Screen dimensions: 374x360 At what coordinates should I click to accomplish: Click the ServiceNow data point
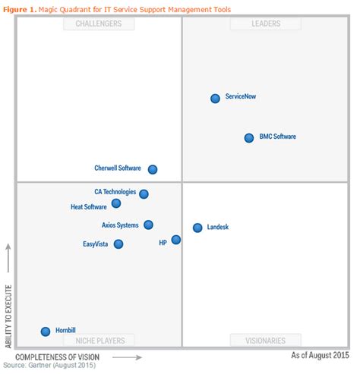(x=215, y=99)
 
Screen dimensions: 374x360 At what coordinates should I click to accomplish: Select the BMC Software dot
(x=249, y=137)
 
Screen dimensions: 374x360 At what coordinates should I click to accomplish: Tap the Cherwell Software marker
(x=153, y=169)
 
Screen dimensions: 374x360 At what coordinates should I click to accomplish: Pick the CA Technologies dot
(x=144, y=193)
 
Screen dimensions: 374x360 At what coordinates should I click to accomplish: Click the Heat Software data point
(x=116, y=203)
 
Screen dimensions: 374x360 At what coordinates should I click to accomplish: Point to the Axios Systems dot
(x=148, y=225)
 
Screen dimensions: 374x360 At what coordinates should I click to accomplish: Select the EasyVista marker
(x=118, y=244)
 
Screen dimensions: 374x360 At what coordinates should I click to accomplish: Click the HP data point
(x=176, y=240)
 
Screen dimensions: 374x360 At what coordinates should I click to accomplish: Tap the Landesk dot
(x=197, y=228)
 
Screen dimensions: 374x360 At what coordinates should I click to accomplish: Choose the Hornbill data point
(x=46, y=331)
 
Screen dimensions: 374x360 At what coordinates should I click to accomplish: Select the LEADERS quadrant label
(x=266, y=24)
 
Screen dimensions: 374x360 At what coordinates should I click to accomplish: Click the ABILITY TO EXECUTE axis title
(x=8, y=316)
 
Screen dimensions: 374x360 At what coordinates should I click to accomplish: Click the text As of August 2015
(x=321, y=355)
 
